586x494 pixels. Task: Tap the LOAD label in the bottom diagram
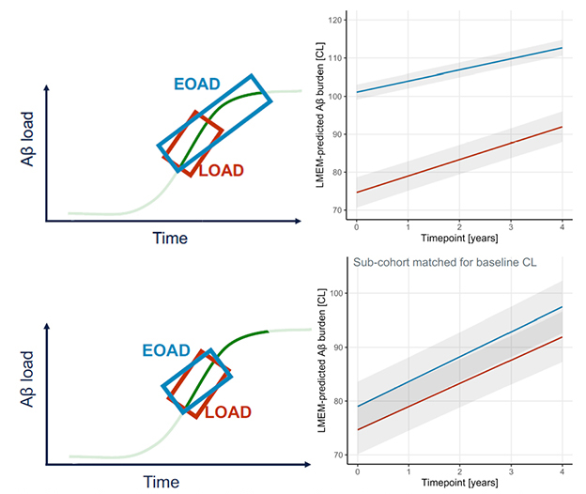click(228, 411)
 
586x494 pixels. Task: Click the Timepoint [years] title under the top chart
click(460, 240)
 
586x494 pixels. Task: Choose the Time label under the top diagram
click(171, 238)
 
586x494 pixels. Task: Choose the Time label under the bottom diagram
click(161, 482)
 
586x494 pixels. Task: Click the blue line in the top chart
click(460, 70)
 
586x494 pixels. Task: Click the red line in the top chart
click(460, 159)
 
